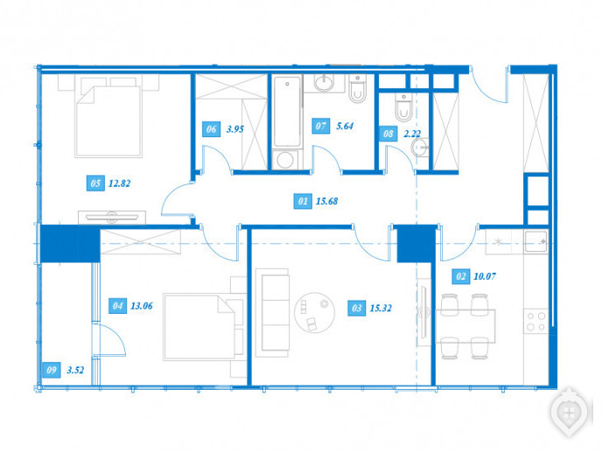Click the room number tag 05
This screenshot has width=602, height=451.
(95, 184)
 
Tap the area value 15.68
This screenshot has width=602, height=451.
(326, 201)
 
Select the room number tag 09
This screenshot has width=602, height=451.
(51, 370)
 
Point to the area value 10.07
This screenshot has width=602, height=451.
(485, 276)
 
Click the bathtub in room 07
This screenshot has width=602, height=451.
(287, 111)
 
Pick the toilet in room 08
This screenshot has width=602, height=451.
(403, 108)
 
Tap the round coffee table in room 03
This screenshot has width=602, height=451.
(314, 312)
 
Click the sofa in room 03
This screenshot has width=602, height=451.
(272, 313)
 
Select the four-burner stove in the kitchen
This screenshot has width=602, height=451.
(536, 322)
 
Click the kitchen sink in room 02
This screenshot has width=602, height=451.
(535, 241)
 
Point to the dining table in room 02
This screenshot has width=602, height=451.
(465, 326)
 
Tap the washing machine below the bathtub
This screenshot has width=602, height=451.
(285, 160)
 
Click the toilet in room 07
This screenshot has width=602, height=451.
(357, 88)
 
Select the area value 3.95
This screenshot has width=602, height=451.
(235, 129)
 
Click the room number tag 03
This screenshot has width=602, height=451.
(356, 308)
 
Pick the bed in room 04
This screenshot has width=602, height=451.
(204, 327)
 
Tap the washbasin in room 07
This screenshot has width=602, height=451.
(324, 83)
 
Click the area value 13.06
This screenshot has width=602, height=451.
(141, 306)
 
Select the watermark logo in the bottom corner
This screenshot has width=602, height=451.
(569, 413)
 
